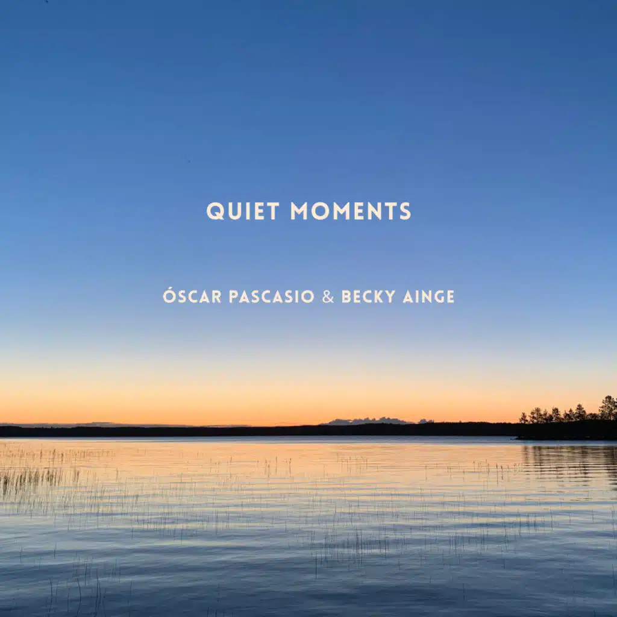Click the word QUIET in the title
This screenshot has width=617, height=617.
(x=243, y=211)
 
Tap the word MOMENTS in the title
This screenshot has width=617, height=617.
(x=351, y=211)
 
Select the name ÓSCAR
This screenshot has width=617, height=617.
(x=192, y=295)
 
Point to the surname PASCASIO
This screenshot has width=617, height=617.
(x=272, y=296)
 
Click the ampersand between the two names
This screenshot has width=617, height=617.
(x=328, y=296)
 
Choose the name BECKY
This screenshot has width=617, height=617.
(x=368, y=296)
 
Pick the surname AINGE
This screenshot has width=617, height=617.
(x=429, y=296)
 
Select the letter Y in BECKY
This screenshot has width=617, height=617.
(x=390, y=296)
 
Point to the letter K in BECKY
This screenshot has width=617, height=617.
(x=379, y=296)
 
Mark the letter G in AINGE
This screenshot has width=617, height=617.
(x=438, y=296)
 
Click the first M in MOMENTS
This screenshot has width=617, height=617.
(x=299, y=211)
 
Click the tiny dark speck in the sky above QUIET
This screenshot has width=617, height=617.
(x=189, y=161)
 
